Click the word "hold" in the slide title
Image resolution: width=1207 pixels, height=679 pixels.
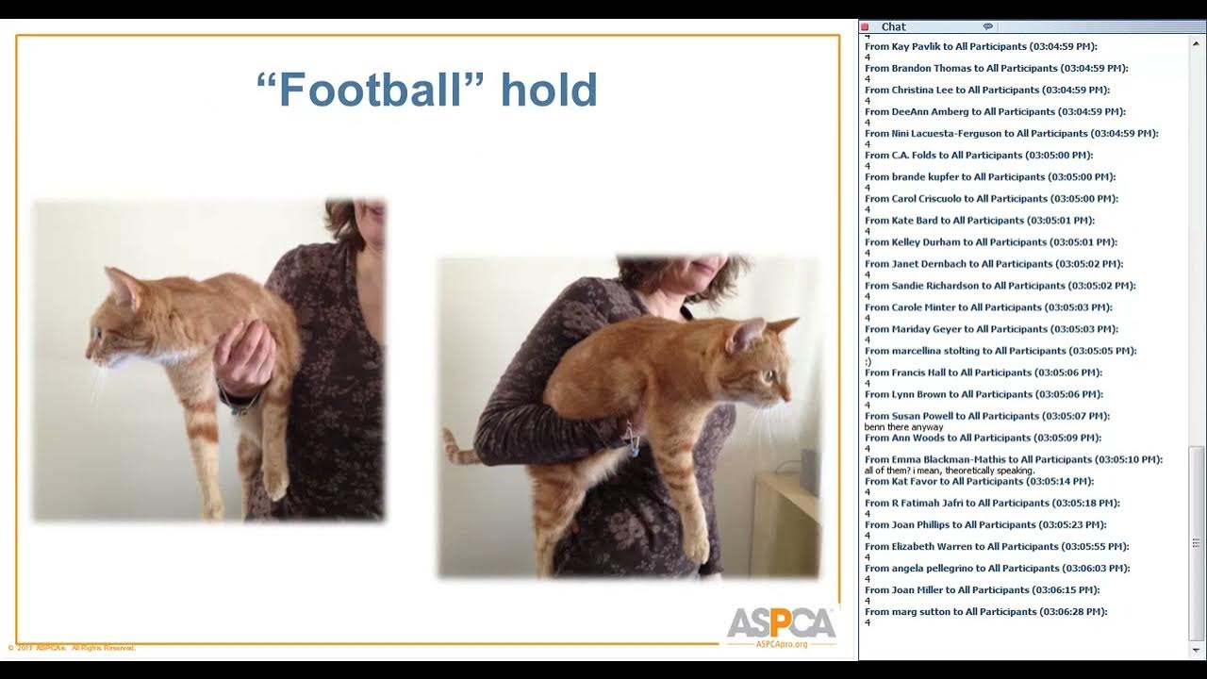click(x=549, y=90)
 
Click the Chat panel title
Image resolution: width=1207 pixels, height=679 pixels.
click(x=893, y=27)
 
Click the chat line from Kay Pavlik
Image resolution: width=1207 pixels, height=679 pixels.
click(x=981, y=46)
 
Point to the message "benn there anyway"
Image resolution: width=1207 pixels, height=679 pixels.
click(x=903, y=427)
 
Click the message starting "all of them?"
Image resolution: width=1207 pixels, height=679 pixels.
click(x=949, y=471)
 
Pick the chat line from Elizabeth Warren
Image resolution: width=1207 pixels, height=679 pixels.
click(x=996, y=547)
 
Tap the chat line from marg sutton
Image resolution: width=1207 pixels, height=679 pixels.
click(x=985, y=612)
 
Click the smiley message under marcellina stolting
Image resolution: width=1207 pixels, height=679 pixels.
click(x=868, y=362)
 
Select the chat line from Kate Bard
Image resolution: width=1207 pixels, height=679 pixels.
click(x=979, y=221)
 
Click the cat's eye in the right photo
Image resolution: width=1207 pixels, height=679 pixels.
click(x=770, y=374)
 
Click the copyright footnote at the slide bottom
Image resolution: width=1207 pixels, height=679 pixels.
click(x=73, y=648)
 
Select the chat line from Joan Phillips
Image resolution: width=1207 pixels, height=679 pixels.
click(x=985, y=525)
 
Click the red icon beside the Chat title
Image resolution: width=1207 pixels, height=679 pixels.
click(x=865, y=27)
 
